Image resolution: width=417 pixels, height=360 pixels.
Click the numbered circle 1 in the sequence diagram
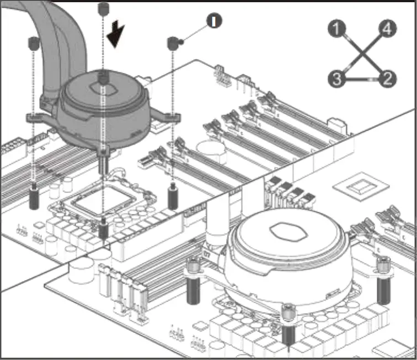[x=336, y=28]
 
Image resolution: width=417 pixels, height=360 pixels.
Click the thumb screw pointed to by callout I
[x=173, y=42]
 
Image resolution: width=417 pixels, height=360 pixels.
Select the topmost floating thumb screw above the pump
[x=103, y=8]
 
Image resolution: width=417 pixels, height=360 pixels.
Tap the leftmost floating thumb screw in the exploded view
[x=33, y=42]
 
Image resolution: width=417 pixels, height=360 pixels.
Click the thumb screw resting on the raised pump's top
[x=103, y=78]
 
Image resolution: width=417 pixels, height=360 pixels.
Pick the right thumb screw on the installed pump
[x=382, y=267]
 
